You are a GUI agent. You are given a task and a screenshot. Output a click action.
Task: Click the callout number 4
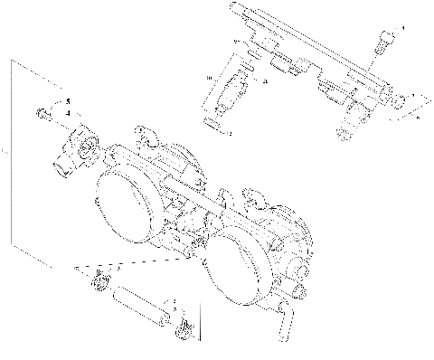click(x=67, y=113)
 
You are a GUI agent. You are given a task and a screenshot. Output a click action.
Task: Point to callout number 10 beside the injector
click(x=210, y=80)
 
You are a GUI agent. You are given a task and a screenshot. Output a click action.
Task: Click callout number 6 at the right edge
click(x=418, y=118)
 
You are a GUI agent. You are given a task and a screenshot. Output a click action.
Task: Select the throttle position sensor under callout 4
click(x=76, y=145)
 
